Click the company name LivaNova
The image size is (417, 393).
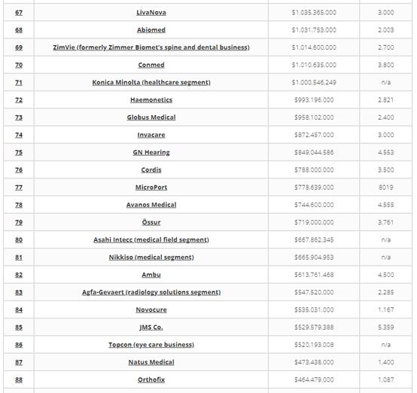pyautogui.click(x=151, y=13)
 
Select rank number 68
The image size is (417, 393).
pyautogui.click(x=19, y=30)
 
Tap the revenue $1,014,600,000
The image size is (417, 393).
pyautogui.click(x=314, y=47)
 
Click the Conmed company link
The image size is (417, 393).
pyautogui.click(x=151, y=65)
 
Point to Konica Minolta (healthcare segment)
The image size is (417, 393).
pyautogui.click(x=151, y=83)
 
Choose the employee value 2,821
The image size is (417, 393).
pyautogui.click(x=385, y=100)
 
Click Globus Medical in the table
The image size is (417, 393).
pyautogui.click(x=151, y=117)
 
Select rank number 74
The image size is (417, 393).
pyautogui.click(x=19, y=135)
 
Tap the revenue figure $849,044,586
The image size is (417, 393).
pyautogui.click(x=314, y=153)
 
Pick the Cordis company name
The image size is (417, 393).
pyautogui.click(x=151, y=170)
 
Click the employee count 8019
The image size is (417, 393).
pyautogui.click(x=385, y=187)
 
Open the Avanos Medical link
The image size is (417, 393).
pyautogui.click(x=151, y=205)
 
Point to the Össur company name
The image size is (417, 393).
pyautogui.click(x=151, y=223)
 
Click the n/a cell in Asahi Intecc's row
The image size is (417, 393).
pyautogui.click(x=385, y=240)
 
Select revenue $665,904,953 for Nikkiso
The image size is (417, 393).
pyautogui.click(x=314, y=257)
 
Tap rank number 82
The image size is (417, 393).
pyautogui.click(x=19, y=275)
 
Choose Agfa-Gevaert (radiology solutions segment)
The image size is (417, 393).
pyautogui.click(x=151, y=292)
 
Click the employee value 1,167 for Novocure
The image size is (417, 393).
pyautogui.click(x=385, y=309)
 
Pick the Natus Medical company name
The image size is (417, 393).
pyautogui.click(x=151, y=362)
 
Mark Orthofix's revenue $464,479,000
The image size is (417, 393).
pyautogui.click(x=314, y=379)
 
